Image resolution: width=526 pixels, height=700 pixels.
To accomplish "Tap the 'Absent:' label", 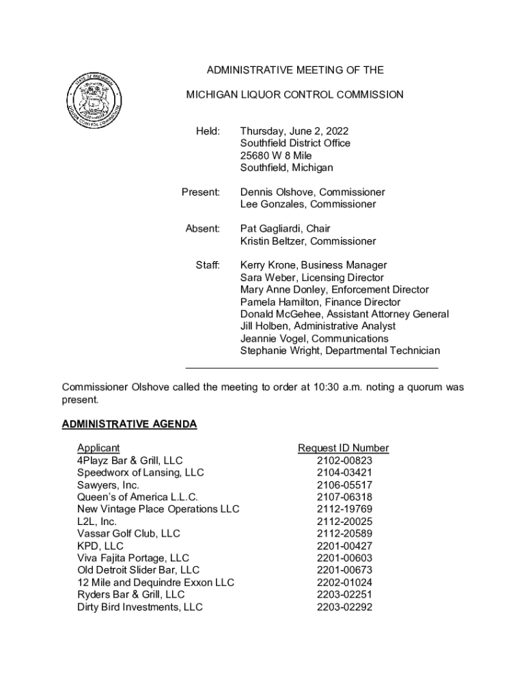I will pyautogui.click(x=203, y=229).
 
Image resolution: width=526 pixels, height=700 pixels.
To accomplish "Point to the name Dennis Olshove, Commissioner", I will pyautogui.click(x=312, y=192).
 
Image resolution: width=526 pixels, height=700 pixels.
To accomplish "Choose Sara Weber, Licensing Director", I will pyautogui.click(x=312, y=278).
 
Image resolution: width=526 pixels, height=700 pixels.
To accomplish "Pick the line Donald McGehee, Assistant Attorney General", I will pyautogui.click(x=344, y=314).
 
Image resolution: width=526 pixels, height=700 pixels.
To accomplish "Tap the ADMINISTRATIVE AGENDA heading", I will pyautogui.click(x=129, y=425).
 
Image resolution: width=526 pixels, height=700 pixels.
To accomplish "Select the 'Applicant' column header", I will pyautogui.click(x=98, y=448).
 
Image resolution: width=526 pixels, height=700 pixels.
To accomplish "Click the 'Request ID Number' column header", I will pyautogui.click(x=343, y=448).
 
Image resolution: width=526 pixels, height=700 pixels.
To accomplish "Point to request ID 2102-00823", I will pyautogui.click(x=344, y=461).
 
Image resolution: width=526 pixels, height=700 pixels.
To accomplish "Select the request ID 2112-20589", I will pyautogui.click(x=344, y=534).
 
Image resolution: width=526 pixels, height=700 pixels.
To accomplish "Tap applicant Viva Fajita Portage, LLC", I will pyautogui.click(x=133, y=558).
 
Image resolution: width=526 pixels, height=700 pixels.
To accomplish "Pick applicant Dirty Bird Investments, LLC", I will pyautogui.click(x=140, y=607).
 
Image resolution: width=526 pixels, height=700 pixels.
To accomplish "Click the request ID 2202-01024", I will pyautogui.click(x=344, y=583).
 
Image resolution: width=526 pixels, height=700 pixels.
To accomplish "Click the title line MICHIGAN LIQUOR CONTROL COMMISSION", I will pyautogui.click(x=295, y=94).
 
